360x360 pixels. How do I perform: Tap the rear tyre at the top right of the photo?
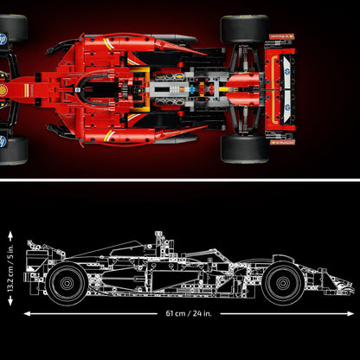pos(245,29)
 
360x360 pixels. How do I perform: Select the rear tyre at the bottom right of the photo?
pos(245,148)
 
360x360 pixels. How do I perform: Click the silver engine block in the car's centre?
pos(177,89)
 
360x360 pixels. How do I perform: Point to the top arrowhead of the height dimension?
pos(10,229)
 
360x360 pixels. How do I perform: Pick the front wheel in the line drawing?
pos(283,283)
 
